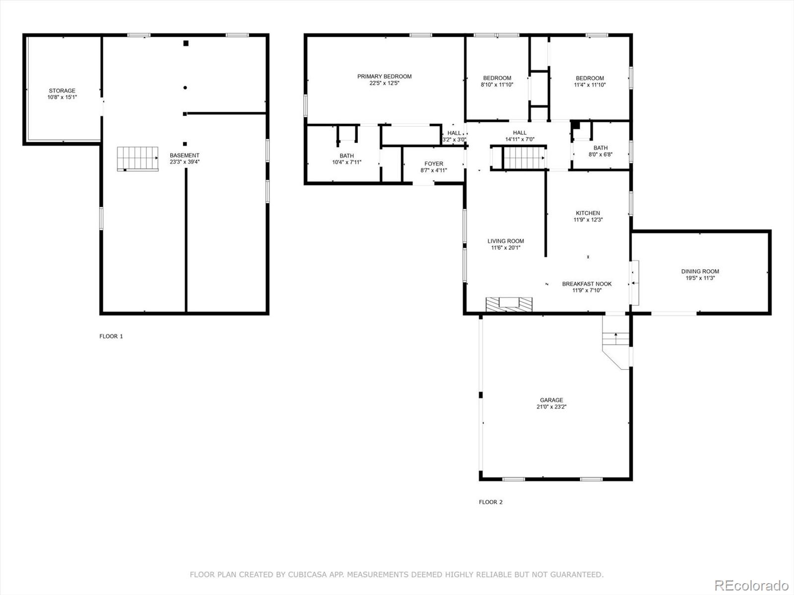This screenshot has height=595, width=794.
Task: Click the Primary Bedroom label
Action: (384, 76)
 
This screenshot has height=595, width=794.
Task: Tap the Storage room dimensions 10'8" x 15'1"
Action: (62, 97)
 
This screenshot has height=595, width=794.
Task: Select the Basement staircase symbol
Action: (138, 159)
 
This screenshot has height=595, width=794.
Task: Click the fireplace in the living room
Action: (509, 304)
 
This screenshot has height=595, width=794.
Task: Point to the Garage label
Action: (551, 400)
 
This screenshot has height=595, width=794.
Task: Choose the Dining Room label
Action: (700, 271)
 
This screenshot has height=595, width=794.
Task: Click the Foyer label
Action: (434, 164)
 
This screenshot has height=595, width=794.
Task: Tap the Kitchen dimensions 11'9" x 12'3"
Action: (588, 220)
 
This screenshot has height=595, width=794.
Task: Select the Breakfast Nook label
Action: (587, 284)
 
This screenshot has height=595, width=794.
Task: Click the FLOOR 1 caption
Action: (111, 336)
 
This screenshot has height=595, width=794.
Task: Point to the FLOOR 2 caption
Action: (490, 502)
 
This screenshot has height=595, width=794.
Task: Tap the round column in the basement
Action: (185, 87)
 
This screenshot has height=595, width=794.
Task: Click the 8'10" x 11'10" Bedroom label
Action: (497, 78)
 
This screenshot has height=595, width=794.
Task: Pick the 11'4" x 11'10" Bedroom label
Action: (590, 78)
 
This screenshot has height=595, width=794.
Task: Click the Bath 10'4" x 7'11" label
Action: (346, 156)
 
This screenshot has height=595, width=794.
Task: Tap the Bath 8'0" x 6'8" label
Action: (600, 148)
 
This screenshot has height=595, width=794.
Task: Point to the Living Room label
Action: (505, 241)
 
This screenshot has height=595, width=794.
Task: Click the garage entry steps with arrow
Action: (616, 338)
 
